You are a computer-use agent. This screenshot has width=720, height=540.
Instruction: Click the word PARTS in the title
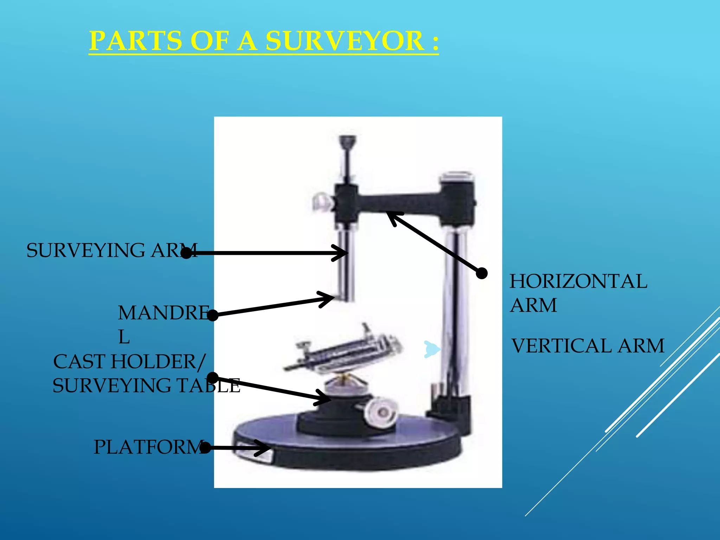point(136,41)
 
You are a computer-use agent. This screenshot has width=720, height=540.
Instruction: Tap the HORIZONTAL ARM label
point(578,292)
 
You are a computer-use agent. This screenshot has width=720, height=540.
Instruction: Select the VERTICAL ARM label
point(587,346)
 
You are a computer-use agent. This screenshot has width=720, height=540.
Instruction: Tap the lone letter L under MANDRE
point(124,337)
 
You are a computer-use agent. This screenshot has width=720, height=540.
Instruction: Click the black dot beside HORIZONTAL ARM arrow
point(482,273)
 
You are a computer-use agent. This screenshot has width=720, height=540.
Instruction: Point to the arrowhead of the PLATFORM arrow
point(267,448)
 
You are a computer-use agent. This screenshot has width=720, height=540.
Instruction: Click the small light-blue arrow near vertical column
point(431,349)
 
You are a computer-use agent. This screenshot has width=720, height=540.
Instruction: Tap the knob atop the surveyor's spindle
point(347,141)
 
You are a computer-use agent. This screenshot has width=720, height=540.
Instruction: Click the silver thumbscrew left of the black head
point(321,203)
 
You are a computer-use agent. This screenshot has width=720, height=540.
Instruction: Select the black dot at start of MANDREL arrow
point(213,315)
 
